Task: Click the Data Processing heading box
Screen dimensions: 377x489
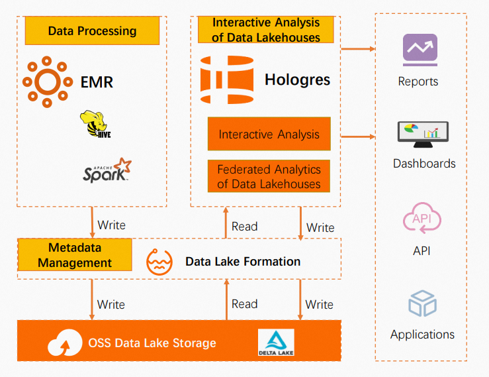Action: pyautogui.click(x=92, y=30)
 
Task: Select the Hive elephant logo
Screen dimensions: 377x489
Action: pyautogui.click(x=93, y=124)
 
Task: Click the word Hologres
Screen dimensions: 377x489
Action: pyautogui.click(x=297, y=81)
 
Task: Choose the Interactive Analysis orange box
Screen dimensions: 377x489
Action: pyautogui.click(x=269, y=135)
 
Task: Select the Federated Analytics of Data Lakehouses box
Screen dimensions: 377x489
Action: pyautogui.click(x=269, y=177)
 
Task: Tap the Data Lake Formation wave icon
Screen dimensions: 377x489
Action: pyautogui.click(x=159, y=261)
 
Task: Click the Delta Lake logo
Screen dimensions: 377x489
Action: pyautogui.click(x=275, y=343)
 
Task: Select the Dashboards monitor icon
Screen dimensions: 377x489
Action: pyautogui.click(x=422, y=134)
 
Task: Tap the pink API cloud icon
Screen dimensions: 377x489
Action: pyautogui.click(x=422, y=221)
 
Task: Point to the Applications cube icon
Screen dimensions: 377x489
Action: pyautogui.click(x=422, y=304)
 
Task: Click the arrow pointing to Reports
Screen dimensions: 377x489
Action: pyautogui.click(x=358, y=48)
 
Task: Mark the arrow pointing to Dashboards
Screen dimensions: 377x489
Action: pyautogui.click(x=358, y=136)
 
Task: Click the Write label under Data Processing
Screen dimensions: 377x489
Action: pyautogui.click(x=111, y=225)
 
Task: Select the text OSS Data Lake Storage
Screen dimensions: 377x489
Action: pyautogui.click(x=152, y=343)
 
